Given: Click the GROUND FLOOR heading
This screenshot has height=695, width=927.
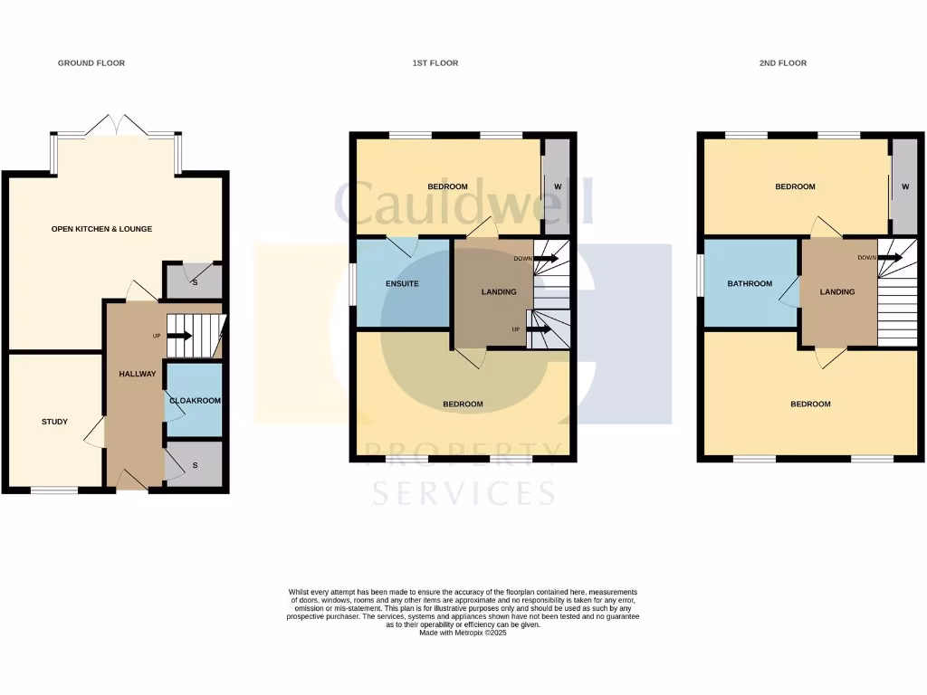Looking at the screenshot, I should coord(91,63).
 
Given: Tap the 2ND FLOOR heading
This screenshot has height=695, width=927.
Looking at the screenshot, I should coord(783,63).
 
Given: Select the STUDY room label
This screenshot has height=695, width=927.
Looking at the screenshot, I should coord(54,422).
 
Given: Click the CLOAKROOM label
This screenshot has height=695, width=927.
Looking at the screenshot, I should coord(196,400).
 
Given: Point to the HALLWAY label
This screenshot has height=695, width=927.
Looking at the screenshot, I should coord(138,374).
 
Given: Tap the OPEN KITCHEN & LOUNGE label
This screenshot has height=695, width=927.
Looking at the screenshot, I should coord(101,229).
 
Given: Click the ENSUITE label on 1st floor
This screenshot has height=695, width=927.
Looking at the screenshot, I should coord(402,284).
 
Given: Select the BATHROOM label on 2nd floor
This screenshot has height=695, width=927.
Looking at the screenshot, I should coord(750,284).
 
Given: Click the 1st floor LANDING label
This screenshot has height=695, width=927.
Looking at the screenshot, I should coord(499,291).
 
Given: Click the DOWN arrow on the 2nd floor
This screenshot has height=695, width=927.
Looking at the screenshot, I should coord(890,258).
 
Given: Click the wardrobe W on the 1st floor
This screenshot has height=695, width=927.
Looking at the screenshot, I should coord(558,187).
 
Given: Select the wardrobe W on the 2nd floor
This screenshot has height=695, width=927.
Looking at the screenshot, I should coord(904,187).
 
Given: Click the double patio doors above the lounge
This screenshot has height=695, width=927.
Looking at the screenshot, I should coord(116,128).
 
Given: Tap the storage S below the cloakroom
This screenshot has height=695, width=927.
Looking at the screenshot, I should coord(195,465).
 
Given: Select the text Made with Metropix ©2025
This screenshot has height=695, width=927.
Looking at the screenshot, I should coord(463,633).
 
